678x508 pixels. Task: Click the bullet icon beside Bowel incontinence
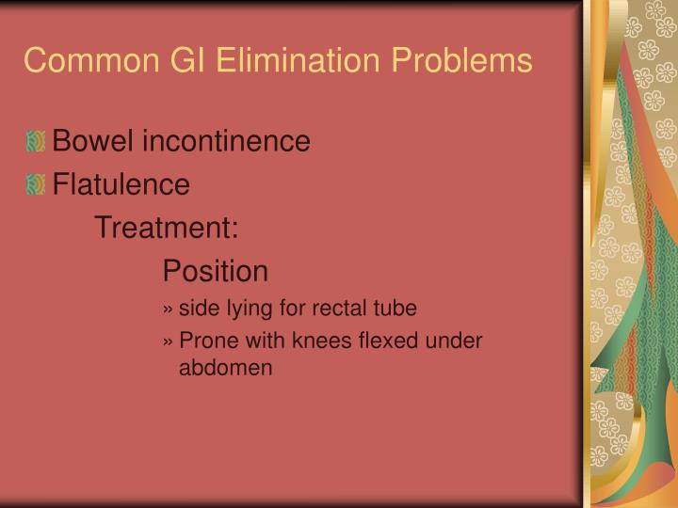[37, 142]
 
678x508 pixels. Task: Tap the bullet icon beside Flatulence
[37, 185]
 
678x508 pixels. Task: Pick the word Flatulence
[121, 185]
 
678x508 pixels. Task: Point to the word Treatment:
[167, 229]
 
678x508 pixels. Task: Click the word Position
[215, 272]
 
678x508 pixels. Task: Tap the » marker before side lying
[168, 309]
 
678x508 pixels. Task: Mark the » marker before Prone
[168, 341]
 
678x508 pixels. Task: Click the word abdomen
[225, 368]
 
